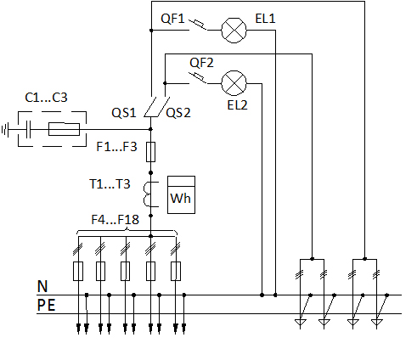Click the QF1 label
pyautogui.click(x=172, y=19)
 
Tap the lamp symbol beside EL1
pyautogui.click(x=234, y=31)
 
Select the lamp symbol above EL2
pyautogui.click(x=234, y=83)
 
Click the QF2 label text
pyautogui.click(x=201, y=63)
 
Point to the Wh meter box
pyautogui.click(x=181, y=194)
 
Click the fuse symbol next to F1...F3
pyautogui.click(x=150, y=152)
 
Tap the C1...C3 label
pyautogui.click(x=46, y=98)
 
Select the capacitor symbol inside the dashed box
pyautogui.click(x=28, y=129)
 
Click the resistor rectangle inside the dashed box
pyautogui.click(x=64, y=129)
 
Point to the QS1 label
pyautogui.click(x=124, y=113)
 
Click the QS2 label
pyautogui.click(x=178, y=113)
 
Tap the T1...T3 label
pyautogui.click(x=110, y=184)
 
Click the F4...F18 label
pyautogui.click(x=116, y=220)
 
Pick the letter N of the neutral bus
pyautogui.click(x=42, y=286)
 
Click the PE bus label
pyautogui.click(x=46, y=306)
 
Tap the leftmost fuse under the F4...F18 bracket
pyautogui.click(x=78, y=271)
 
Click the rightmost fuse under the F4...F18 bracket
pyautogui.click(x=176, y=271)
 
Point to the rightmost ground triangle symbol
pyautogui.click(x=377, y=322)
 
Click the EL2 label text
pyautogui.click(x=237, y=105)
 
